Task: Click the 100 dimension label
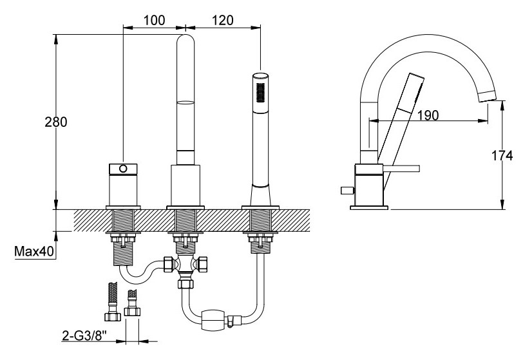(154, 20)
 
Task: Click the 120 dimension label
(222, 20)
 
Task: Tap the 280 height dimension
(56, 122)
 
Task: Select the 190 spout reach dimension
(428, 115)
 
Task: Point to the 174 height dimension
(502, 155)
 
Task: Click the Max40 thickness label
(34, 251)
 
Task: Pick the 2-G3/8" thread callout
(84, 336)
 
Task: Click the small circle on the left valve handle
(123, 169)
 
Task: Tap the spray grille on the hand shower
(260, 93)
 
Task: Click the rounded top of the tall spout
(185, 37)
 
